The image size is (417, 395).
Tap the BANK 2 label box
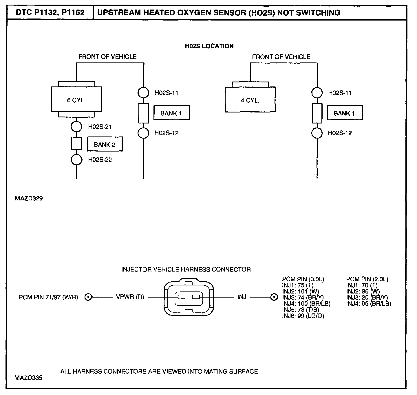click(105, 144)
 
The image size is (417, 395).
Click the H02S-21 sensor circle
click(77, 126)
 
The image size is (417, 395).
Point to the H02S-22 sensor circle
click(77, 159)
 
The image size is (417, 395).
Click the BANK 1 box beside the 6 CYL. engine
click(171, 113)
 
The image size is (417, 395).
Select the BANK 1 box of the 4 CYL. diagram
click(345, 113)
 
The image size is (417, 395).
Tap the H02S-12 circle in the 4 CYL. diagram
click(317, 133)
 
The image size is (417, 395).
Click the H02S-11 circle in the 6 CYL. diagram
click(143, 93)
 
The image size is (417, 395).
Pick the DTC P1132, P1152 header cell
click(50, 13)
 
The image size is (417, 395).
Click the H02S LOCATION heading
click(209, 46)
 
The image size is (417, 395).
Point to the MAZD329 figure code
click(28, 199)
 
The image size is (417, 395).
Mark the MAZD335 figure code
click(28, 378)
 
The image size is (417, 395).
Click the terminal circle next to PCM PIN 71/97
click(89, 297)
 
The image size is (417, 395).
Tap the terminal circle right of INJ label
click(274, 297)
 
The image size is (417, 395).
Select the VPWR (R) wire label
click(130, 297)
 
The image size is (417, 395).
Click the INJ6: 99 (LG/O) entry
click(303, 316)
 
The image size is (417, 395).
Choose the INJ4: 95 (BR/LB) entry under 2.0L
click(369, 304)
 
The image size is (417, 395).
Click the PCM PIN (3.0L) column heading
click(303, 279)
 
